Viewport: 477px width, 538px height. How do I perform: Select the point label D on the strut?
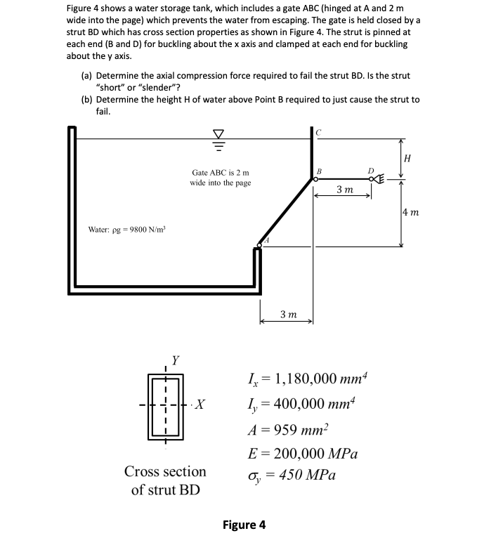(370, 170)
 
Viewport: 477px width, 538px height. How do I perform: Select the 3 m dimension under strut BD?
(344, 190)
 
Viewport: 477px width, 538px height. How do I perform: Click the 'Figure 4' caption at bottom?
(244, 525)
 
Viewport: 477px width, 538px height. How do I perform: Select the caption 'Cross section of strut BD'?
(165, 480)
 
